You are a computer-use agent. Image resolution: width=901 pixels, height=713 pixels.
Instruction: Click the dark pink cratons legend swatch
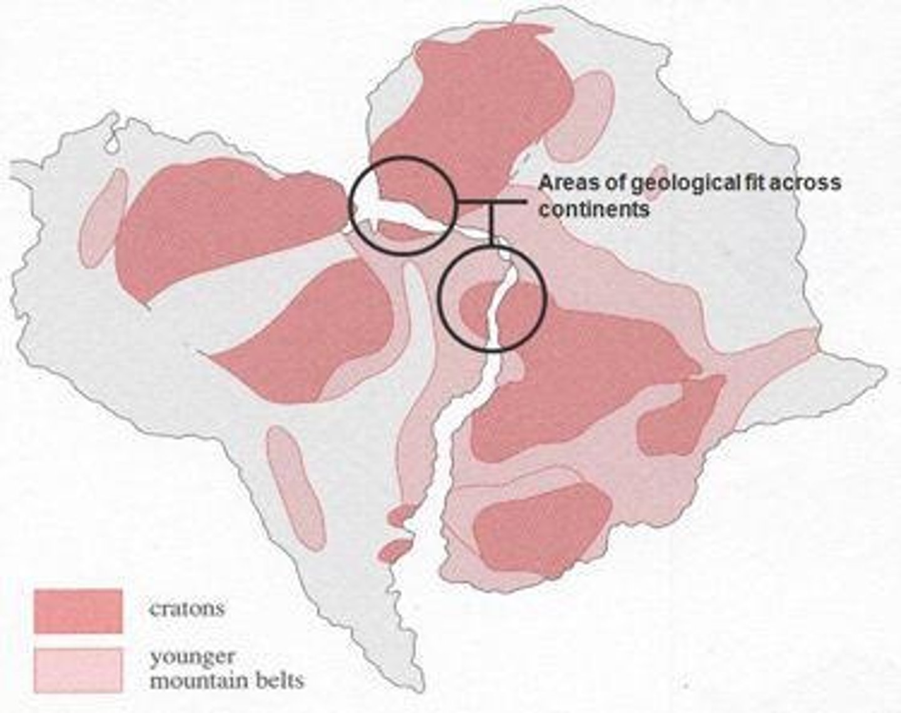[x=78, y=611]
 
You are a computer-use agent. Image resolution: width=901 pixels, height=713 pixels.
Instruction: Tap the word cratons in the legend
[x=186, y=608]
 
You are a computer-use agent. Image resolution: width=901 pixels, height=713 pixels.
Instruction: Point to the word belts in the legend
[x=277, y=679]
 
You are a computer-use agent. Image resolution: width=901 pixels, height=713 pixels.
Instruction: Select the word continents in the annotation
[x=594, y=209]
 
